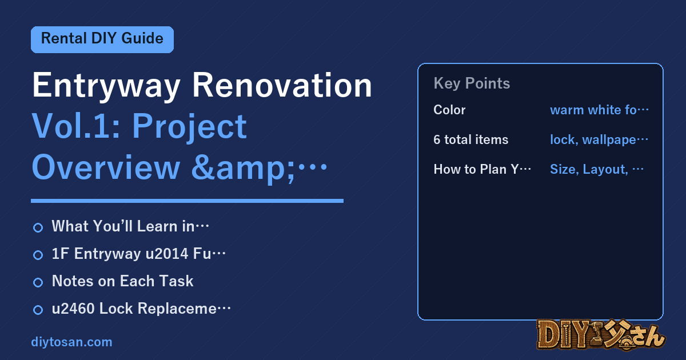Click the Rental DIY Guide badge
[102, 39]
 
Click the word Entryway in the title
[106, 86]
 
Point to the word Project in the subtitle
[189, 127]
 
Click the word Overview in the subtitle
[106, 167]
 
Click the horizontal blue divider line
[187, 201]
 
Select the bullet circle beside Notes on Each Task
[38, 282]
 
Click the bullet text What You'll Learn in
[130, 226]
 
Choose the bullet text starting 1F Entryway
[138, 254]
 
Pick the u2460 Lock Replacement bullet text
[141, 308]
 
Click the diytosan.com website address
[71, 342]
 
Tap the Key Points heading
[472, 83]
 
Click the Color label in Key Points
[449, 110]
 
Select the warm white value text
[599, 110]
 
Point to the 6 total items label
[470, 139]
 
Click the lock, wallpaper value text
[599, 140]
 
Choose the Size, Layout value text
[597, 169]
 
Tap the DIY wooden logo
[601, 335]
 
